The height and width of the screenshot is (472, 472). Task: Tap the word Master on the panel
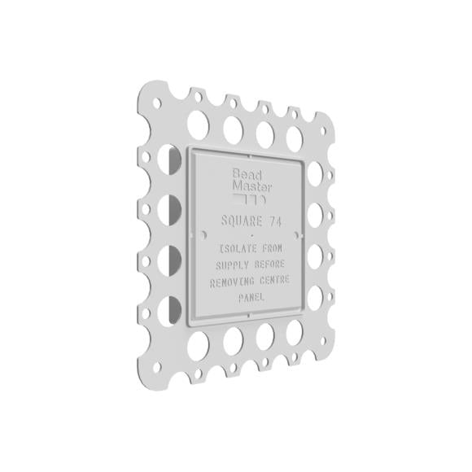(x=252, y=186)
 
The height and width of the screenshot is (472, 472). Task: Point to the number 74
(x=273, y=220)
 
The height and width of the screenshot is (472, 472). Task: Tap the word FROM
(x=278, y=247)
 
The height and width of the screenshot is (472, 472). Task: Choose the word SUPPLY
(x=232, y=266)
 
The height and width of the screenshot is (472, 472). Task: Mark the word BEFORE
(x=271, y=264)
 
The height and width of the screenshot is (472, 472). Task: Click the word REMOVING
(x=229, y=284)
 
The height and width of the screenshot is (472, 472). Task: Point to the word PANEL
(x=251, y=299)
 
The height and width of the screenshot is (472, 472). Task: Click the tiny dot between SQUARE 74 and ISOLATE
(x=253, y=234)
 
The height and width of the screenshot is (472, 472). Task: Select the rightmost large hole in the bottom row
(x=295, y=330)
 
